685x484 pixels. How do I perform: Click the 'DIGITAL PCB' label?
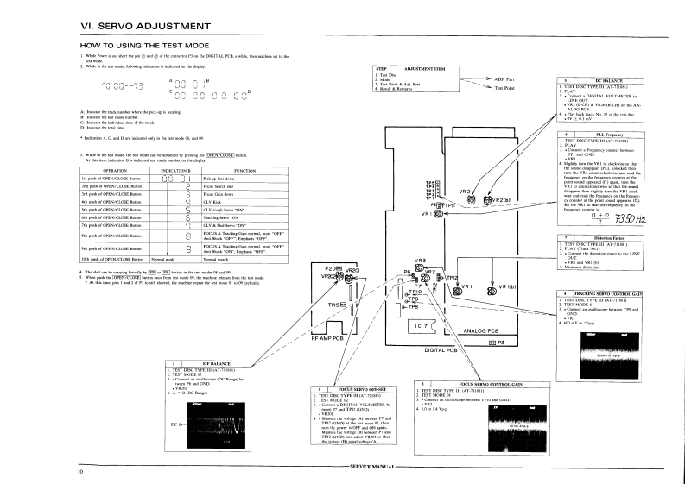point(441,349)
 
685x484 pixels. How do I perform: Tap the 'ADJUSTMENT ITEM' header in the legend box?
point(424,67)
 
